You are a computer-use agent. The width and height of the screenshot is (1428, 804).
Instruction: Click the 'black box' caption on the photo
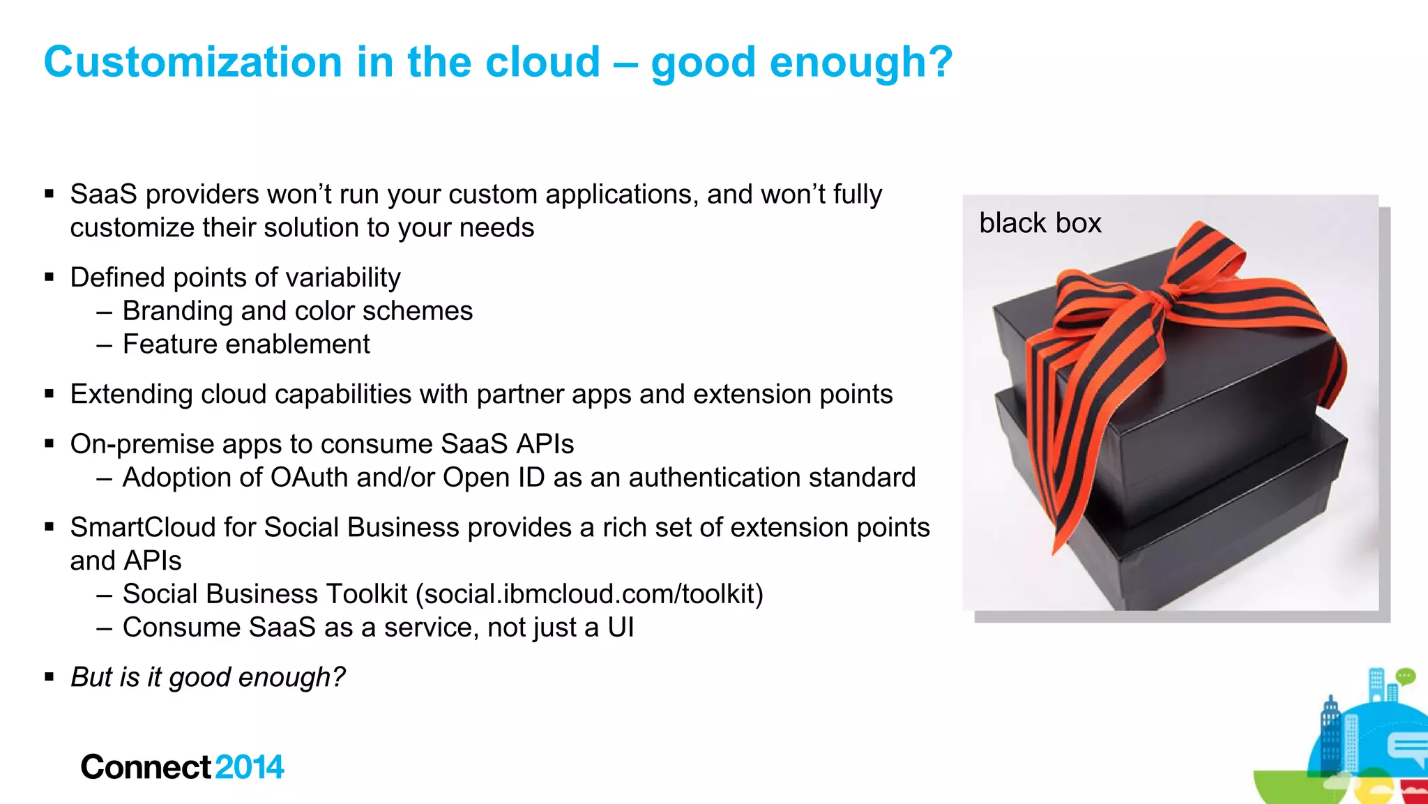1040,223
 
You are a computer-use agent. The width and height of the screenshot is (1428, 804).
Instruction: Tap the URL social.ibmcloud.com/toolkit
589,594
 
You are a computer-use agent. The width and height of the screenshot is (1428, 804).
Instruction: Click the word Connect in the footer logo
145,767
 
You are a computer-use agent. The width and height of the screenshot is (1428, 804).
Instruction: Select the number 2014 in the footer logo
250,767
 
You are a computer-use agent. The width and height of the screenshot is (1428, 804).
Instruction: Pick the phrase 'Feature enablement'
246,344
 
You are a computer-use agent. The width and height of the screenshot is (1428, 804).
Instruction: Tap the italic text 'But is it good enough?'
208,677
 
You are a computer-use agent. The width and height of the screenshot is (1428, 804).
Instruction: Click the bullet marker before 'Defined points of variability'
49,278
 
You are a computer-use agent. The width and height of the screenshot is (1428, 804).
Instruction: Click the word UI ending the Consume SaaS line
621,628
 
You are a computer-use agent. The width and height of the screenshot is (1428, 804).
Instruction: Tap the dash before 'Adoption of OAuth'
105,478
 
